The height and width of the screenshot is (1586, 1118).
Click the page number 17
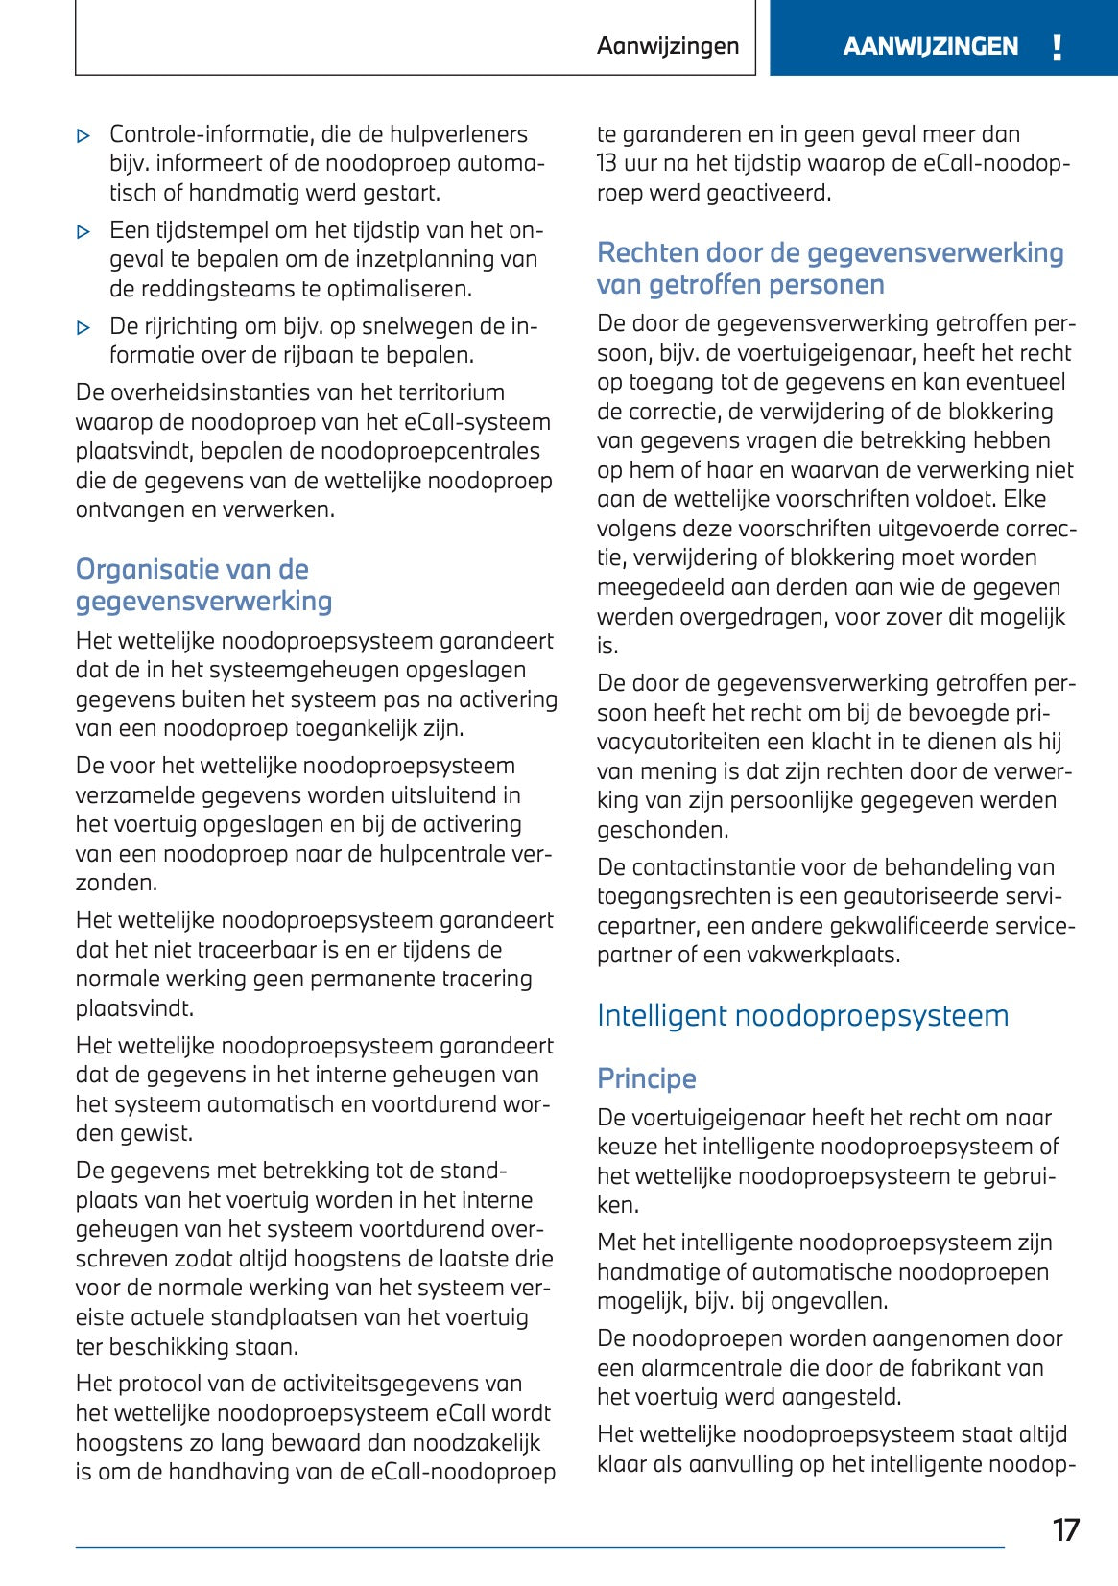(1065, 1529)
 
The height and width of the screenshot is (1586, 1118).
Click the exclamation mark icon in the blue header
(1057, 46)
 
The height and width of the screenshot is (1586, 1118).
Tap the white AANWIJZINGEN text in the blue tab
(930, 46)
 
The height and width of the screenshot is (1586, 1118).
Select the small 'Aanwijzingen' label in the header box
(667, 46)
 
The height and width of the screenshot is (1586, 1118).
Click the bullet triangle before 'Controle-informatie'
(84, 136)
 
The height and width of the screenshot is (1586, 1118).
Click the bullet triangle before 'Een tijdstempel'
(84, 231)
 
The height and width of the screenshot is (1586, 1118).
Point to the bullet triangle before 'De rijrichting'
(84, 327)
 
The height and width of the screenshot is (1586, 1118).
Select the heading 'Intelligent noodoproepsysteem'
(802, 1015)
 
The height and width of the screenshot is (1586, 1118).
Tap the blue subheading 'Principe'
(646, 1078)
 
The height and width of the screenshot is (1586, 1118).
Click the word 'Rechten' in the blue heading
(647, 252)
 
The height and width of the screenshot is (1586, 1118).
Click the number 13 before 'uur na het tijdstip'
(607, 163)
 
